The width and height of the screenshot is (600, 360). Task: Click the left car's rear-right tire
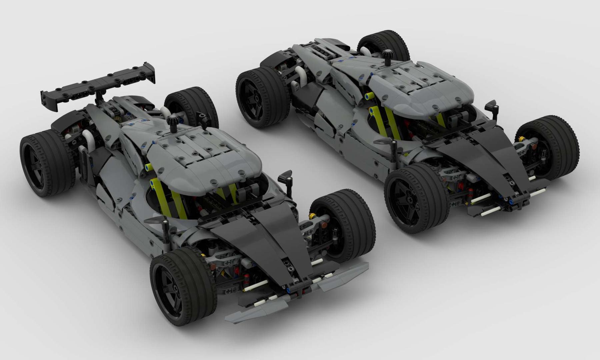tap(192, 107)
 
